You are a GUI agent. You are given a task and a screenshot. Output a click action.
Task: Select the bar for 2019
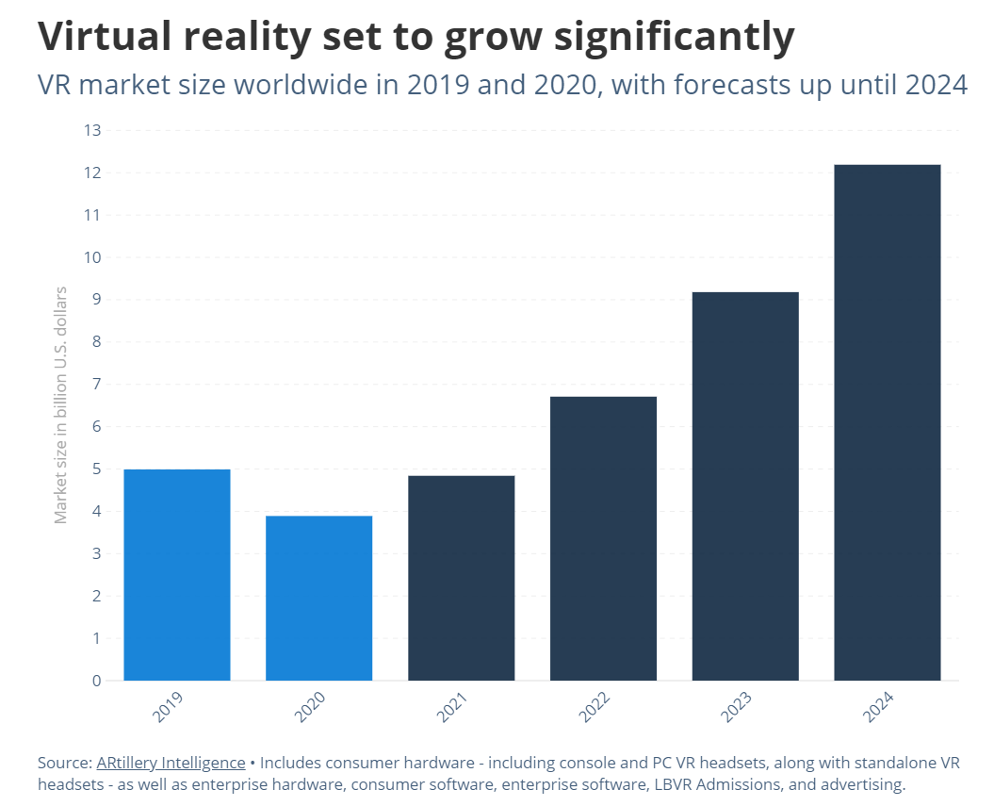[177, 575]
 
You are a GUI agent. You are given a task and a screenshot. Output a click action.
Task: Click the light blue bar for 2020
[318, 598]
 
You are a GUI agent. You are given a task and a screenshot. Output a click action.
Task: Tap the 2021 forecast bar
[461, 578]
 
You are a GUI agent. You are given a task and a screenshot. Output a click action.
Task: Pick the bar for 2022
[603, 538]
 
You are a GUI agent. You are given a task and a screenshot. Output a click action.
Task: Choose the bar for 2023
[745, 486]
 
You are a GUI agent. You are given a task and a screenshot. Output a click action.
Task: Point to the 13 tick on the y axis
[91, 130]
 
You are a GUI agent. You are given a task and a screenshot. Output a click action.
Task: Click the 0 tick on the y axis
[96, 681]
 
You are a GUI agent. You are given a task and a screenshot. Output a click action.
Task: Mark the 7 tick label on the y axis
[96, 385]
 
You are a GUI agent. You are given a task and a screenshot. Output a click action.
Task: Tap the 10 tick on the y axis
[91, 257]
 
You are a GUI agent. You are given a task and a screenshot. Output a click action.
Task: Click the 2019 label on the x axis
[167, 708]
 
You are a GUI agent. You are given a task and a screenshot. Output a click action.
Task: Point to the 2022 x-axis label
[593, 708]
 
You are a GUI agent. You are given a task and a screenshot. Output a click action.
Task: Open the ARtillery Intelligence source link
[171, 762]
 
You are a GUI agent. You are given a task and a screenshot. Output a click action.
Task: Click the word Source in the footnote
[63, 762]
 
